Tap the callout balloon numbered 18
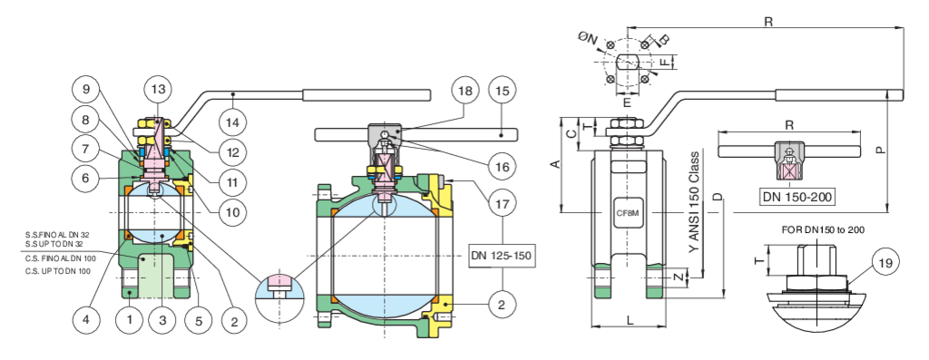point(465,91)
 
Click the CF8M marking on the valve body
point(628,212)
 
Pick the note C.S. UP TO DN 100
point(58,271)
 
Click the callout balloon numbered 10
point(232,211)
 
